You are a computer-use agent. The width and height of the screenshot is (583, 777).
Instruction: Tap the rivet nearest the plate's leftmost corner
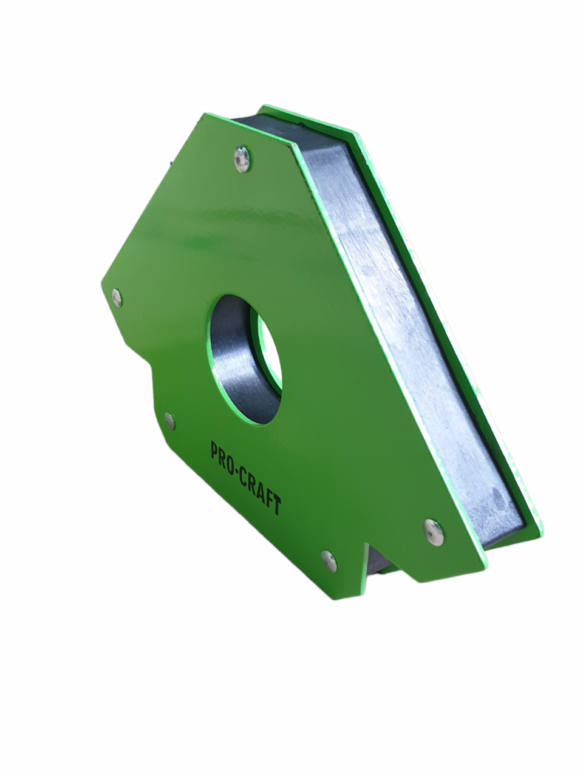(x=117, y=297)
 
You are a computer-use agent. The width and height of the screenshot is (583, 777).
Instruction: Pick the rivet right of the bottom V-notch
(x=434, y=532)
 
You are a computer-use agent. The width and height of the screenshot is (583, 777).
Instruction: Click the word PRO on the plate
(x=224, y=455)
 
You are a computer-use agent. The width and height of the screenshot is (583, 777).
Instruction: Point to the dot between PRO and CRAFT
(x=239, y=468)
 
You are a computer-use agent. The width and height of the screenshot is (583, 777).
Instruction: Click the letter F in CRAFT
(x=270, y=499)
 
